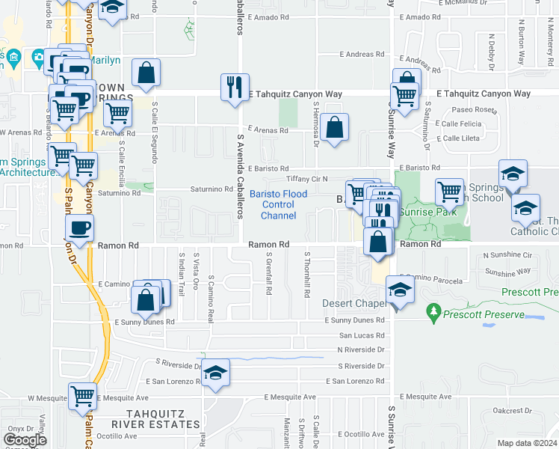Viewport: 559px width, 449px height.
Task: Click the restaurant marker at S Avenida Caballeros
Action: coord(235,87)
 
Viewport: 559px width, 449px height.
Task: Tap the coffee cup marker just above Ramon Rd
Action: coord(79,227)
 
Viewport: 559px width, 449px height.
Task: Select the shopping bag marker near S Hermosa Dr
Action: coord(336,127)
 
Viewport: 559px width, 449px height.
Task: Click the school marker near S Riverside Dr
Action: coord(215,373)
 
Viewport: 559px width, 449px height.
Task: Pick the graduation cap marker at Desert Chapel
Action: coord(400,290)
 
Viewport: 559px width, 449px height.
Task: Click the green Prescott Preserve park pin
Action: coord(432,310)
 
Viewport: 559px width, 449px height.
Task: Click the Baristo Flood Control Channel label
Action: coord(278,205)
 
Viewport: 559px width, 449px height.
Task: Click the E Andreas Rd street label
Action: coord(362,54)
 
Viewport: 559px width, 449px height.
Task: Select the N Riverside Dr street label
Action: coord(361,349)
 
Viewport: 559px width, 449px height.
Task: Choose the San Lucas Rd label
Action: coord(362,335)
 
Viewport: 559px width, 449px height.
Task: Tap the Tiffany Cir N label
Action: coord(307,180)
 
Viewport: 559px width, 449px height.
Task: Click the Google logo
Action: coord(25,440)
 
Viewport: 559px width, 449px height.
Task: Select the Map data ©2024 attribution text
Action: coord(527,443)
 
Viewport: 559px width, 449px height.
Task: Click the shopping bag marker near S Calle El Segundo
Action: coord(146,73)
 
